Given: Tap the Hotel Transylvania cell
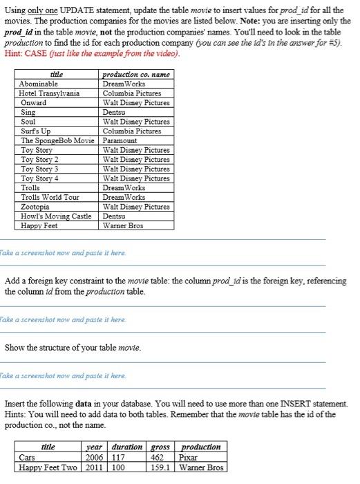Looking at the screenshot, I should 49,93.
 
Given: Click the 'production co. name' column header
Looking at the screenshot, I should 135,74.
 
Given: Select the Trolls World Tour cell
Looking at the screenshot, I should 50,197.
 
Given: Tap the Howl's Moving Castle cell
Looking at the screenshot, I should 56,216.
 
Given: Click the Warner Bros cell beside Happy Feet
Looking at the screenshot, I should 123,225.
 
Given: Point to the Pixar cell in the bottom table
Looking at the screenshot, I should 189,457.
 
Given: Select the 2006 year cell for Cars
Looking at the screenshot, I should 94,457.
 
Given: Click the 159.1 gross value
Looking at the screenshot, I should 160,467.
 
